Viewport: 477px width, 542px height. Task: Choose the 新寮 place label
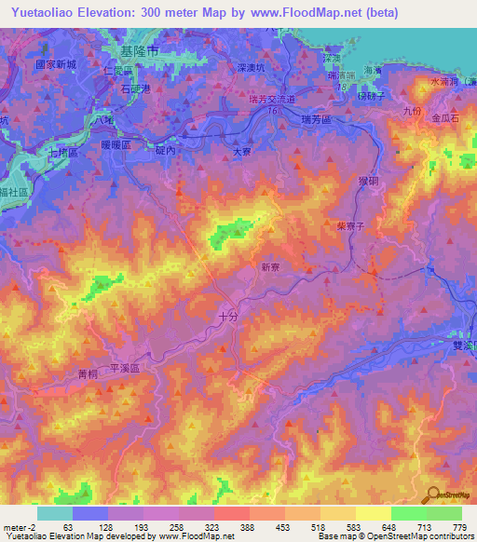click(x=270, y=267)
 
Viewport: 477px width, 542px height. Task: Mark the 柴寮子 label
click(x=349, y=225)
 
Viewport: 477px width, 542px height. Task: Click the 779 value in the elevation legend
click(x=458, y=526)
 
